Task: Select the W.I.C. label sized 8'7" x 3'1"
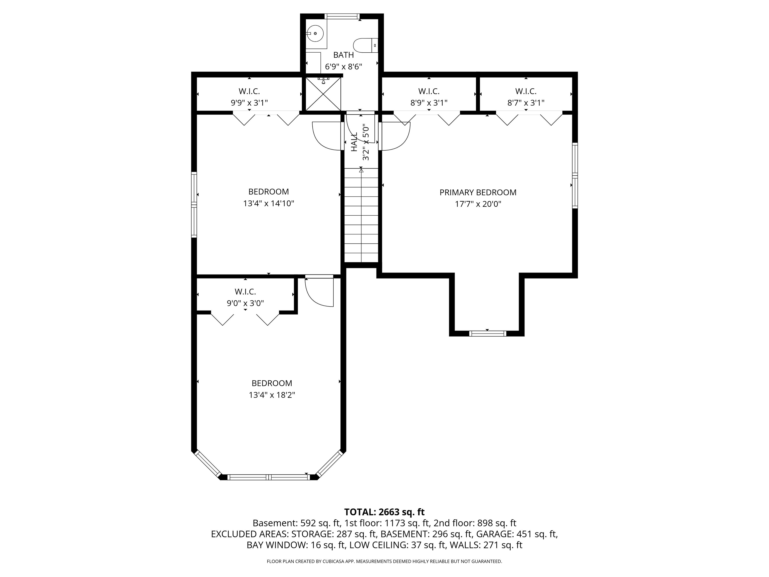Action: (x=526, y=91)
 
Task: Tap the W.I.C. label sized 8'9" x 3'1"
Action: (x=429, y=91)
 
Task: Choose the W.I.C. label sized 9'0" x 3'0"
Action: (x=245, y=292)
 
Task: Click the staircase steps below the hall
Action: (x=361, y=216)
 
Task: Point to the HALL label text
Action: (x=354, y=142)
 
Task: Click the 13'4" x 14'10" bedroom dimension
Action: (x=268, y=203)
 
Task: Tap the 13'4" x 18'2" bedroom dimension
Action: (x=272, y=395)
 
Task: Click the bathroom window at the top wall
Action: (x=342, y=16)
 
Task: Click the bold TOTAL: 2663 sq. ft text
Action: (x=384, y=512)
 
